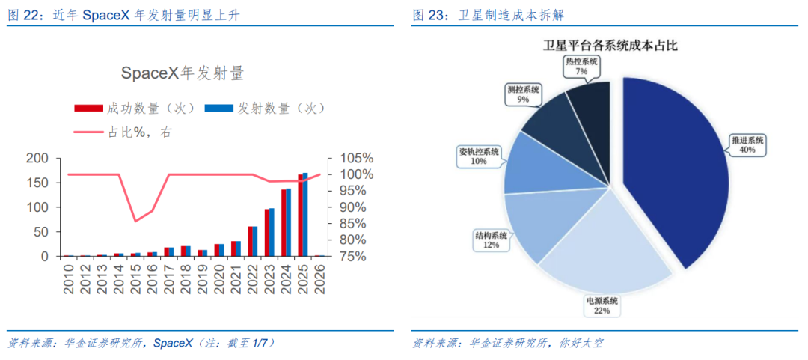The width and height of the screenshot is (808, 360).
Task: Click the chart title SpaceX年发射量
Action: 183,73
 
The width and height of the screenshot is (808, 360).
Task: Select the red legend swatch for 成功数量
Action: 89,108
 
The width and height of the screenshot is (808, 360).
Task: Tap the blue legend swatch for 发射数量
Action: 219,108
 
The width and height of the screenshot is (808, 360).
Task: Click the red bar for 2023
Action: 267,233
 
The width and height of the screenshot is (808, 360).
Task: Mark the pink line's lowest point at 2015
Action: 135,222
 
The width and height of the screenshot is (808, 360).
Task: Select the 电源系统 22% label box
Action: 602,305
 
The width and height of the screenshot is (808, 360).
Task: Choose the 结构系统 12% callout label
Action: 491,240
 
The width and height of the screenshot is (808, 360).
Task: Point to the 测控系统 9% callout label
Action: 523,94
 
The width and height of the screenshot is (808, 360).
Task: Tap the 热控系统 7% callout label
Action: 581,66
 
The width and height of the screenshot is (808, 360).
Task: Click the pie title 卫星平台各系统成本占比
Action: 610,46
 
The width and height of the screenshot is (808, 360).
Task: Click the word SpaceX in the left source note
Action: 174,343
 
